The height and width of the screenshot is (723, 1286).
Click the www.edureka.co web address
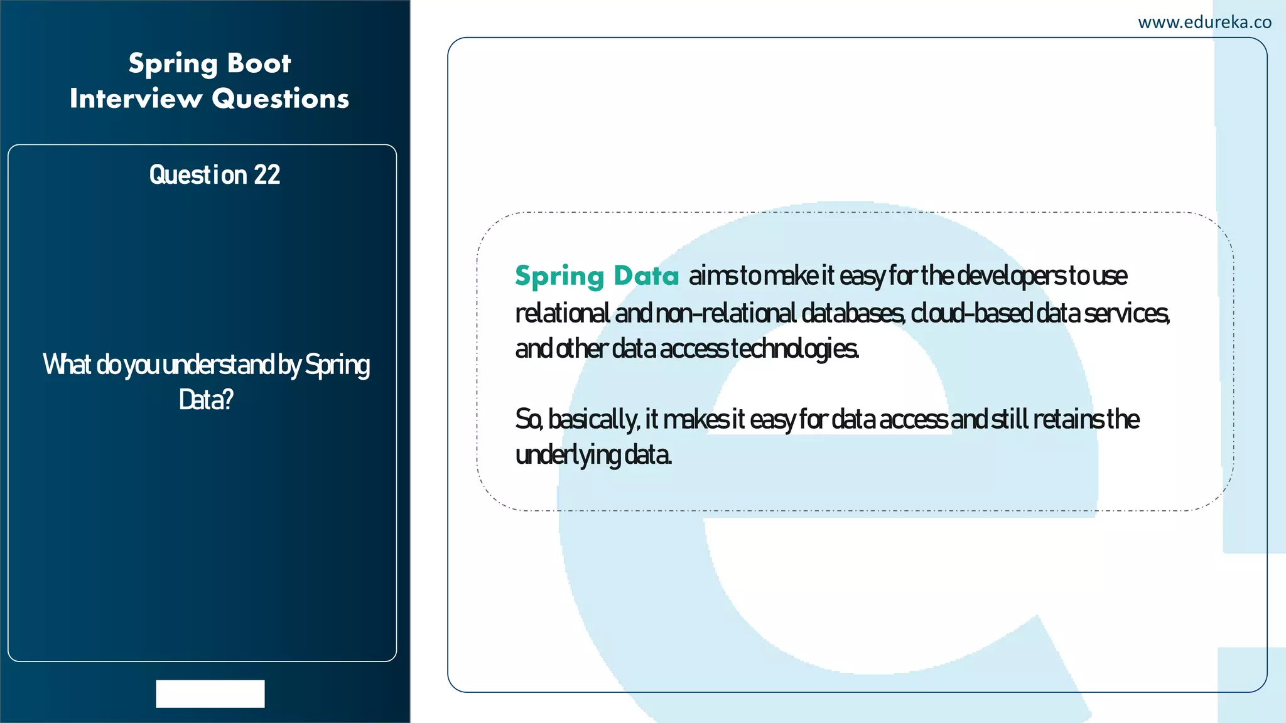pos(1204,23)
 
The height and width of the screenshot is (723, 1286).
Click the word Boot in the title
pos(259,63)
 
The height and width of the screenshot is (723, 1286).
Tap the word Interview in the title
pos(136,99)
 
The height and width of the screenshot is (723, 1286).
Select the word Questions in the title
pos(280,99)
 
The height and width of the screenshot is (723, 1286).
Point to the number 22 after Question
pos(267,175)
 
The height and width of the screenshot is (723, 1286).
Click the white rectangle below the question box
pos(210,694)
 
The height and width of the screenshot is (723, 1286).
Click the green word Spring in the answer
pos(559,277)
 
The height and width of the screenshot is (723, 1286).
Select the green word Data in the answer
pos(646,276)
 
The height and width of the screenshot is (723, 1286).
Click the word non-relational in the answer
pos(725,313)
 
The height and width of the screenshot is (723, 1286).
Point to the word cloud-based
pos(971,313)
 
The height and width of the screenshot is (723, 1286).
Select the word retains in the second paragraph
pos(1068,419)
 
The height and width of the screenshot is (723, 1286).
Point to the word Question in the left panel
pos(198,175)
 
